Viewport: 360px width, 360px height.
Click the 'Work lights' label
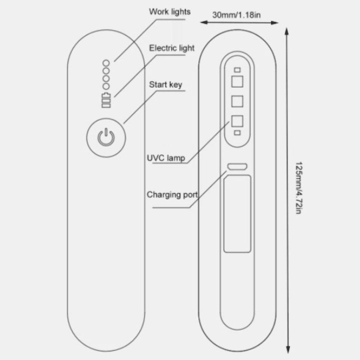click(170, 12)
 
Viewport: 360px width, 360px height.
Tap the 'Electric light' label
click(172, 48)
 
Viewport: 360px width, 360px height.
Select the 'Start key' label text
click(166, 84)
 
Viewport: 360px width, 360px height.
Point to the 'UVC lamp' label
click(166, 158)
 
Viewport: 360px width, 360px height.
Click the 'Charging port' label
click(172, 194)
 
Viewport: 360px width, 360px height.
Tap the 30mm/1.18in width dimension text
click(236, 15)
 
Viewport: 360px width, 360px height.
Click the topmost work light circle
click(106, 62)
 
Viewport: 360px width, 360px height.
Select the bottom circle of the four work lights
click(106, 86)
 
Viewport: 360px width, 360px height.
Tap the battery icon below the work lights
click(106, 100)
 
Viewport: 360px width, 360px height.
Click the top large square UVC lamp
click(237, 82)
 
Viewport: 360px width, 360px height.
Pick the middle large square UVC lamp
click(237, 101)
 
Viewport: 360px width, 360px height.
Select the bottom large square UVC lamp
click(237, 121)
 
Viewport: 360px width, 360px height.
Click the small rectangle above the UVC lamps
click(237, 70)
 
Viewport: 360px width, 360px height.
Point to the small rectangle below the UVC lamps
click(237, 133)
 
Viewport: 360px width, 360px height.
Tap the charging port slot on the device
click(237, 166)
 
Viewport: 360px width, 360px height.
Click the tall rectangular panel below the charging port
click(237, 214)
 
